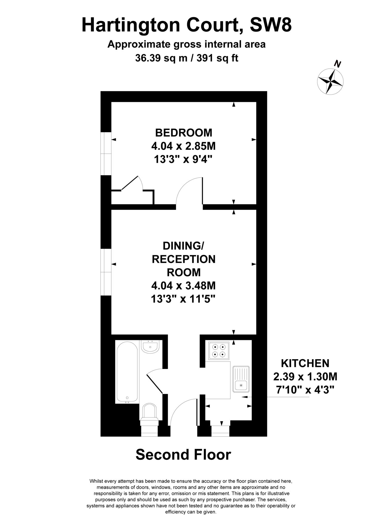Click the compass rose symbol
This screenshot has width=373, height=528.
point(330,81)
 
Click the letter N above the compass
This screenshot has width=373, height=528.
point(337,64)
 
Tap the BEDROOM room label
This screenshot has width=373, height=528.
point(184,133)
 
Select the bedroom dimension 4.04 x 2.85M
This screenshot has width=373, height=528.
point(183,146)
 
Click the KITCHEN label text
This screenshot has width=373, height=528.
point(305,364)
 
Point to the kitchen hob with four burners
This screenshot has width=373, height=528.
point(219,351)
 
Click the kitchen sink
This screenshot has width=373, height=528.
point(241,379)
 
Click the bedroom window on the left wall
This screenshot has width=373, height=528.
point(106,154)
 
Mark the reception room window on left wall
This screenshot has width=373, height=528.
point(106,272)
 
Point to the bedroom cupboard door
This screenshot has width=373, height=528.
point(130,183)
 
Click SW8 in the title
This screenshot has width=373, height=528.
point(271,25)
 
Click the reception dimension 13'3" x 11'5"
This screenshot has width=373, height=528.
point(183,299)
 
